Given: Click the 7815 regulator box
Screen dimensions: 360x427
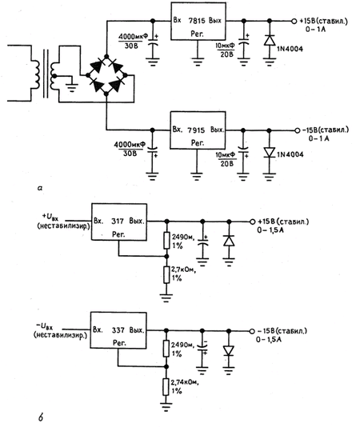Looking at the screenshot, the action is coord(198,22).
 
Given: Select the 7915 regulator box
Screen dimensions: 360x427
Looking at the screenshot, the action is coord(198,130).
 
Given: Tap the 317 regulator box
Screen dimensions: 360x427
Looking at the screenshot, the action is coord(119,222).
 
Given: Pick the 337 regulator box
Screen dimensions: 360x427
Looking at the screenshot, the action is coord(118,330).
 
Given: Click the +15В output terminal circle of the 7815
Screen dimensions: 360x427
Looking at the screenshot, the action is coord(294,21).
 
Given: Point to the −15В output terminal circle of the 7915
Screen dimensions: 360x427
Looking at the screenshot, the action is coord(298,130).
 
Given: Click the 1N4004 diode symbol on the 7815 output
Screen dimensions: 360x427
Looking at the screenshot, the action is coord(270,40).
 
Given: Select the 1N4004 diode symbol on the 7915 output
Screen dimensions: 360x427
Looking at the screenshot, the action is coord(270,152).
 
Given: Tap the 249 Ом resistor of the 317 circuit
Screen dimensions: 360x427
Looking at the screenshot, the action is coord(166,241).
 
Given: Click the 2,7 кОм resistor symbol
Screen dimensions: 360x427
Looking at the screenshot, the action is coord(166,275).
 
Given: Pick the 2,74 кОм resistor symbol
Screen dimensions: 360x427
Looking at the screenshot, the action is coord(166,387).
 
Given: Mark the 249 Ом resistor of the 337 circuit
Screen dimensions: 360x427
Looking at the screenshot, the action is coord(166,349).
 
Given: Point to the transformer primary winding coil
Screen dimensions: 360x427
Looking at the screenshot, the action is coord(35,75).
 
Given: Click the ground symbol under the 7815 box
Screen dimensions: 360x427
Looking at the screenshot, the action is coord(198,62).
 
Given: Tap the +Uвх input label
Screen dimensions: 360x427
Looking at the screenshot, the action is coord(50,217).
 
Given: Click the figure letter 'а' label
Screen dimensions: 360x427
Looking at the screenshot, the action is coord(40,188).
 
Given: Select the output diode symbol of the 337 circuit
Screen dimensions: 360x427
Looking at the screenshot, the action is coord(228,350).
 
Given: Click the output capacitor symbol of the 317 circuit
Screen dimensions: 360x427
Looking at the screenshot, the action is coord(202,242).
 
